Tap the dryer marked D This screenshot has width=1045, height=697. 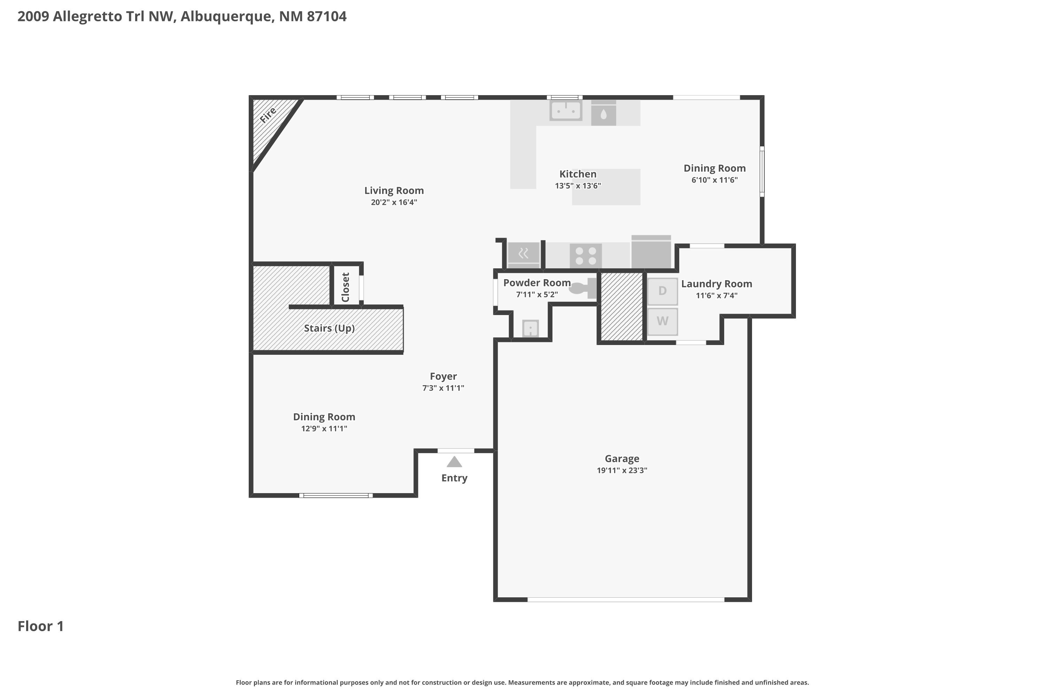click(663, 291)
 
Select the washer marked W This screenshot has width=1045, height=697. click(663, 321)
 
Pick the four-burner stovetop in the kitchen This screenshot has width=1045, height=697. click(586, 256)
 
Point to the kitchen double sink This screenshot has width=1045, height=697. click(566, 110)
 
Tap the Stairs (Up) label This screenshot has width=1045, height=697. click(329, 329)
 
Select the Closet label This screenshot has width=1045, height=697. click(346, 287)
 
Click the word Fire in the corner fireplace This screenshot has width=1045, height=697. click(268, 115)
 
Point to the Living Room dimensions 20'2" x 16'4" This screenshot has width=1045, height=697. click(394, 202)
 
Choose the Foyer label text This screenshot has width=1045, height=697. click(443, 376)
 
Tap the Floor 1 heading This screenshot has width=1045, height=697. click(41, 626)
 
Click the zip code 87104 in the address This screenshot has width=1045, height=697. click(327, 16)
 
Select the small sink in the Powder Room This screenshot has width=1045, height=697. click(531, 329)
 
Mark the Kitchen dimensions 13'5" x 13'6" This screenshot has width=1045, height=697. click(578, 186)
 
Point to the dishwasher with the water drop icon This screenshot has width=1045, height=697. click(603, 113)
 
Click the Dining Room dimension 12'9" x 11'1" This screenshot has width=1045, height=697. click(324, 429)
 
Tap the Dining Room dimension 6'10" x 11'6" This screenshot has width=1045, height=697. click(714, 180)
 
